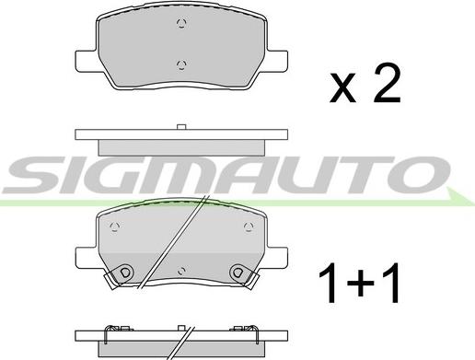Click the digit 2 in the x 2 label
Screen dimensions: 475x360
(387, 83)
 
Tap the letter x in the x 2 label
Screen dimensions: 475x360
(342, 88)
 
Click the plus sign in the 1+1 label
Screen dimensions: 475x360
(360, 283)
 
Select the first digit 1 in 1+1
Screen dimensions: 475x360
(327, 283)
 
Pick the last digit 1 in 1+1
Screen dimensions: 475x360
(391, 283)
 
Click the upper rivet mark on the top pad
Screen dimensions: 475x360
(181, 24)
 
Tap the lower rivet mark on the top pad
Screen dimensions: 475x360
(181, 64)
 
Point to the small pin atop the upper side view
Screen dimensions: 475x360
(181, 127)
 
